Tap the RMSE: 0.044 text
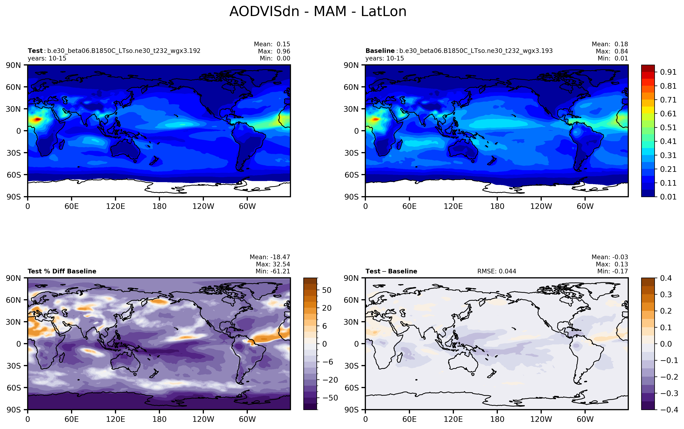pyautogui.click(x=497, y=271)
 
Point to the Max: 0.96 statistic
pyautogui.click(x=274, y=51)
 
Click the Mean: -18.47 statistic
pyautogui.click(x=270, y=257)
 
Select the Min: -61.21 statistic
pyautogui.click(x=273, y=271)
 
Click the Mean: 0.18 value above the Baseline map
pyautogui.click(x=610, y=44)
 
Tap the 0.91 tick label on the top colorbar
pyautogui.click(x=668, y=72)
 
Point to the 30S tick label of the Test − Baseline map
pyautogui.click(x=352, y=366)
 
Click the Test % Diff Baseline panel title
pyautogui.click(x=62, y=271)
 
